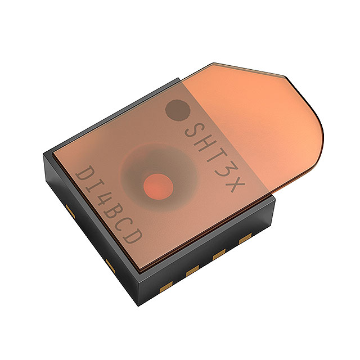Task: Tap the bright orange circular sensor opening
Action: coord(158,185)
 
